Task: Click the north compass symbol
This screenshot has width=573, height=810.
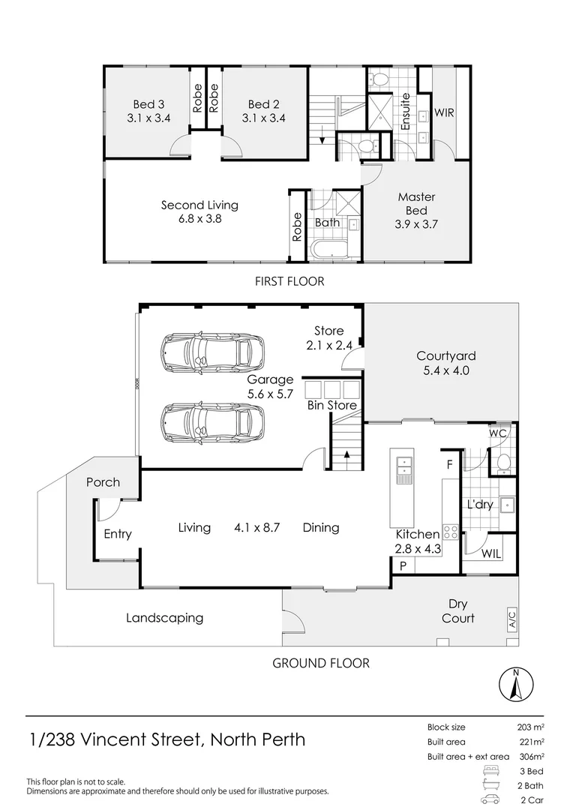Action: tap(516, 683)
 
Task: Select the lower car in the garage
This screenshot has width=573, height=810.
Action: tap(212, 422)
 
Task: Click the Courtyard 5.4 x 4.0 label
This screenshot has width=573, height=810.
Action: tap(446, 363)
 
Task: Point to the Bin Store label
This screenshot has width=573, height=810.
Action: tap(332, 406)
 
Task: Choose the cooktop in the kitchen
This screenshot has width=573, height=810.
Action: tap(451, 532)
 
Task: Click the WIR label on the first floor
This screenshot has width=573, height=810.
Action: tap(445, 113)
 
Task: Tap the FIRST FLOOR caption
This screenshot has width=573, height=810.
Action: tap(289, 281)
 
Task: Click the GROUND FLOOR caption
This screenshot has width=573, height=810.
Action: tap(320, 663)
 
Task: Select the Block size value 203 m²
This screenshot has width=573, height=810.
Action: tap(529, 727)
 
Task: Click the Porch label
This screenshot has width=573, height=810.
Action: tap(103, 482)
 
